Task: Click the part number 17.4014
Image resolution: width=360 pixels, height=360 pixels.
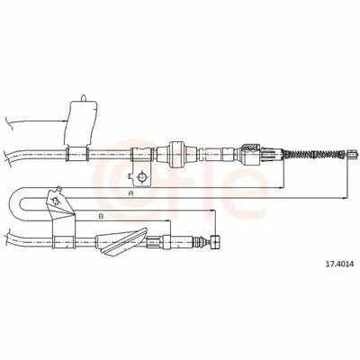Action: pos(339,265)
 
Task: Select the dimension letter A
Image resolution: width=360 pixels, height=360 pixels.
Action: pos(130,193)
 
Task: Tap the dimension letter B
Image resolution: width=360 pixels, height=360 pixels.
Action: pos(101,215)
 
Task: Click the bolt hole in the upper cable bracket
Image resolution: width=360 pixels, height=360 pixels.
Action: pos(141,177)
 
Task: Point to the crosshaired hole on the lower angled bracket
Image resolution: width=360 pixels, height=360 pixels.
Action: pos(55,201)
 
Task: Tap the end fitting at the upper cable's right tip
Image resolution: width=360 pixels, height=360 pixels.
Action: pos(352,154)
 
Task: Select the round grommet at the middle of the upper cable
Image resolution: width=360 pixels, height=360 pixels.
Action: pos(176,155)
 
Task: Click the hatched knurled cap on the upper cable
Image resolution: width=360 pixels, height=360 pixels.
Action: pos(251,148)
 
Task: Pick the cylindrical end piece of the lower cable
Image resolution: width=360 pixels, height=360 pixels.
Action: pos(215,242)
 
